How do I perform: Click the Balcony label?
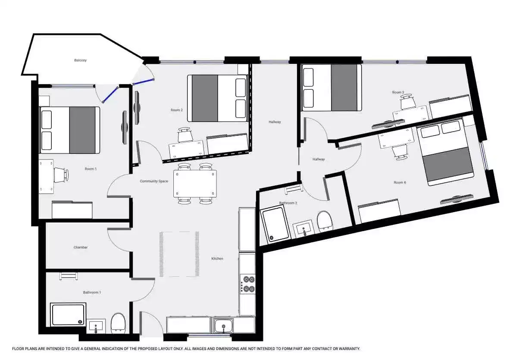click(80, 60)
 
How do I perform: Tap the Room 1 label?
click(91, 169)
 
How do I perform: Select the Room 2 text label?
click(177, 110)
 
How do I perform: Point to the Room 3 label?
click(398, 92)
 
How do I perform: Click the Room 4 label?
click(400, 182)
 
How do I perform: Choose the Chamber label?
click(81, 247)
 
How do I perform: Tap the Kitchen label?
click(217, 259)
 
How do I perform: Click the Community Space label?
click(154, 181)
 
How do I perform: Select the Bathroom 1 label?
click(92, 292)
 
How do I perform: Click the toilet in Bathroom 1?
click(118, 322)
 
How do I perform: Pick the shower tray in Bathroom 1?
click(69, 314)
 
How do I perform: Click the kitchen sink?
click(223, 325)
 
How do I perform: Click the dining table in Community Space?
click(195, 184)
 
